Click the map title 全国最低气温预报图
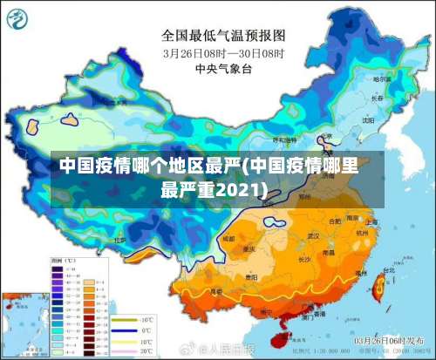[223, 36]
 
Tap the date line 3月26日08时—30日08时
[223, 52]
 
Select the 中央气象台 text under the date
[222, 67]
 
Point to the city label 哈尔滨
[381, 79]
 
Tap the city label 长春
[377, 98]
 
